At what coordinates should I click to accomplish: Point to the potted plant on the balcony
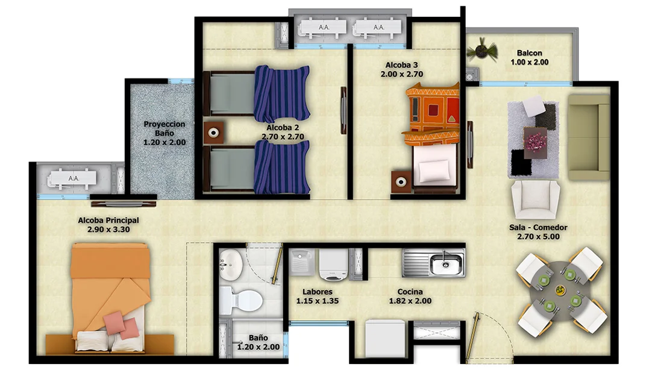pos(481,49)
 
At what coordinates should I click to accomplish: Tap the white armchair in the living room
pos(535,198)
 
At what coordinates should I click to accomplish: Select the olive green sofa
pos(588,137)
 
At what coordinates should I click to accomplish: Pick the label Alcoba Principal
pos(108,221)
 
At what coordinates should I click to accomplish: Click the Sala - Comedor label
pos(538,228)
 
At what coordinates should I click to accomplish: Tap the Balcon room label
pos(530,52)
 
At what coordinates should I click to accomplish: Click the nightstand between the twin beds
pos(213,132)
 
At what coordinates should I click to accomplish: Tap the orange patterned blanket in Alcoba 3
pos(432,114)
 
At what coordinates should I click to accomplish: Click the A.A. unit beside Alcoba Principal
pos(74,178)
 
